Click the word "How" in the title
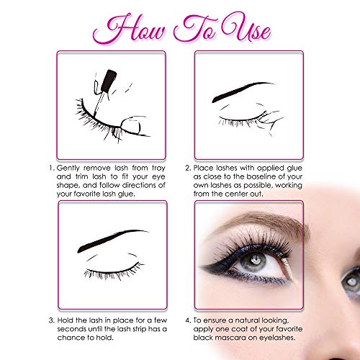point(130,30)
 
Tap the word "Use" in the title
point(246,29)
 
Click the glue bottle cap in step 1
point(109,81)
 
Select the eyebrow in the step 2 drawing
point(243,91)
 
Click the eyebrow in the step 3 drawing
point(112,240)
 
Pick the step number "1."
point(52,168)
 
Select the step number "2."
point(188,168)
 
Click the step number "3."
point(52,320)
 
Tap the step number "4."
point(188,320)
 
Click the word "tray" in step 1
point(158,168)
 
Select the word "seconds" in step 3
point(73,329)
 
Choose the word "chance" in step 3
point(71,338)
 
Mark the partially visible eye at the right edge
point(351,281)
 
